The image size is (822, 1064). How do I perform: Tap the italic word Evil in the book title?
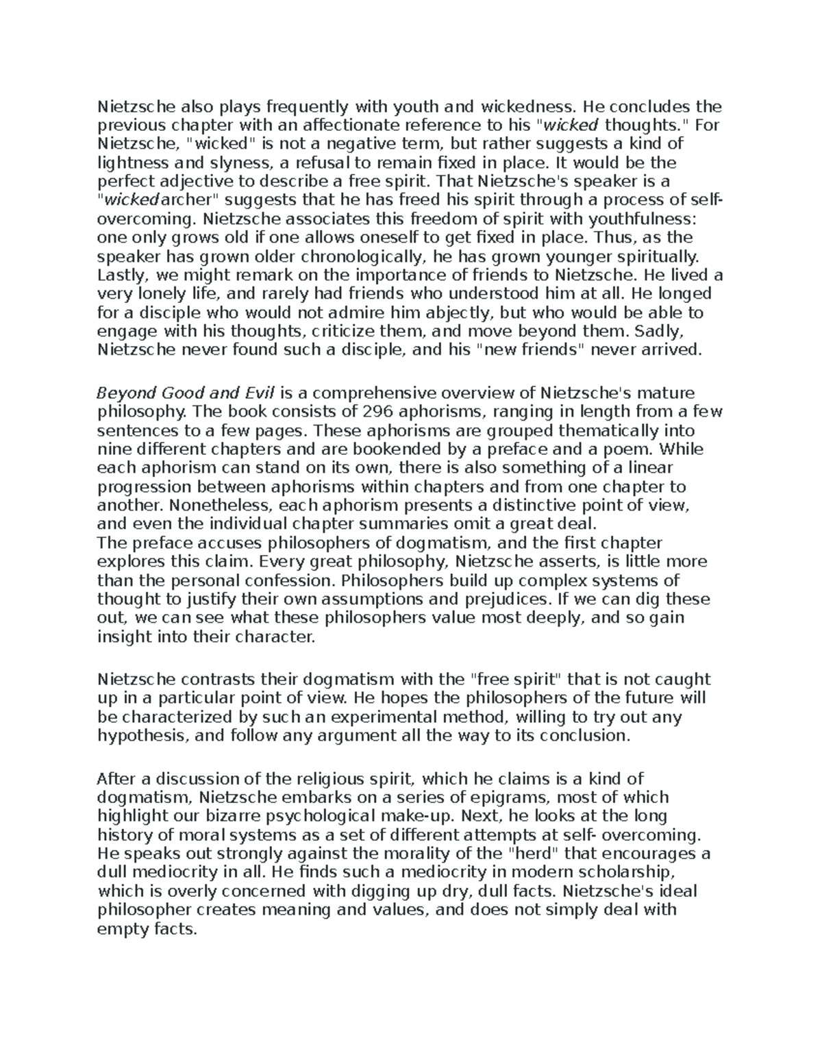pos(259,393)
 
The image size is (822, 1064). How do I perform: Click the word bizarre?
pos(230,817)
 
